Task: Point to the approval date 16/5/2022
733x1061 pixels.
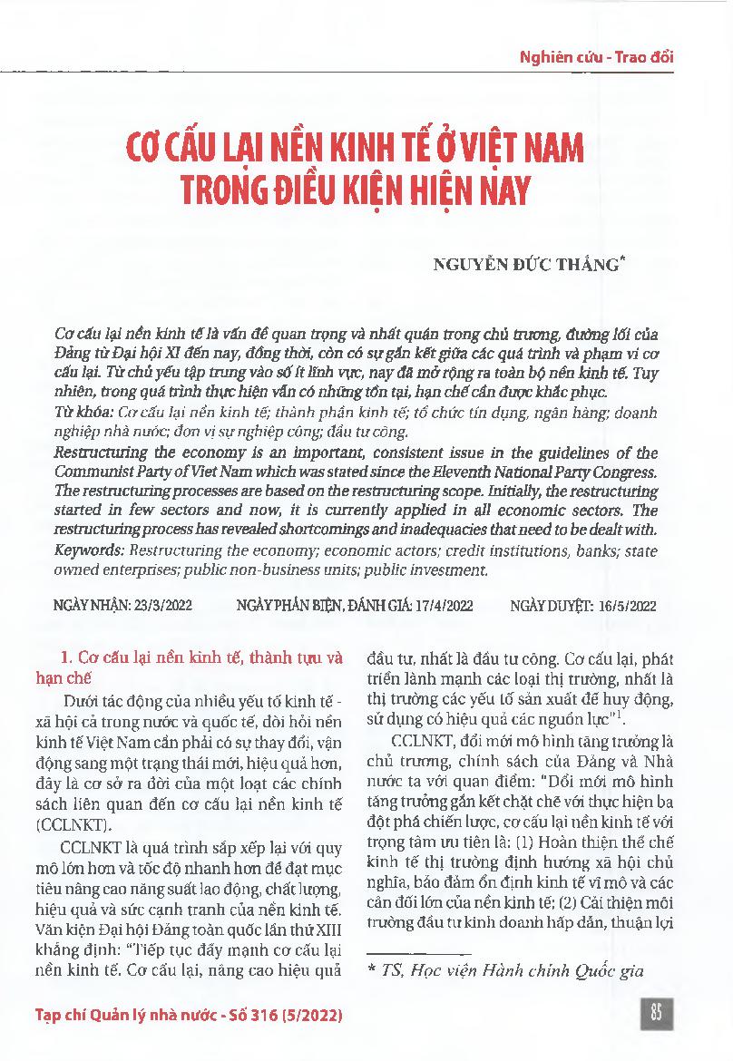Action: (625, 606)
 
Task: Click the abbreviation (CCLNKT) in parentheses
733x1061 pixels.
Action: (93, 825)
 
